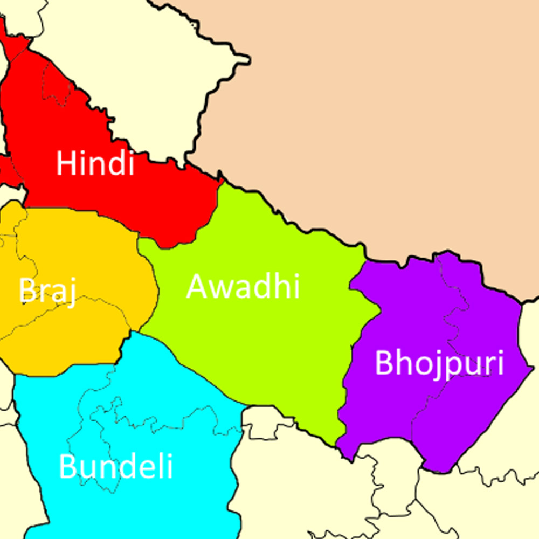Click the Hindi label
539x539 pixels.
pos(95,163)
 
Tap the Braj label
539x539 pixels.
pos(47,291)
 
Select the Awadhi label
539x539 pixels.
pos(243,286)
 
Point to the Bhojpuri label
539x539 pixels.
pos(439,364)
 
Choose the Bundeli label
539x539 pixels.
pos(116,466)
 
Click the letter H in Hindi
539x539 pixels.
pos(65,163)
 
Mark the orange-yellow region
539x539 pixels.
pos(81,340)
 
